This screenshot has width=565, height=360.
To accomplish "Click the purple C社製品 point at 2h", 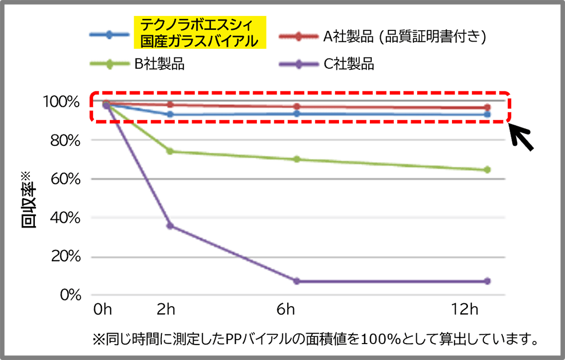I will click(170, 226).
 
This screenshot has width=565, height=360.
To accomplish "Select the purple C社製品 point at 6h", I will click(296, 281).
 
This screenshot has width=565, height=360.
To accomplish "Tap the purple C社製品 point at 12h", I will click(487, 281).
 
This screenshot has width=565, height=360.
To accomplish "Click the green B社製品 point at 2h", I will click(170, 151).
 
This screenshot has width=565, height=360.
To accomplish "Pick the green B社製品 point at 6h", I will click(296, 159).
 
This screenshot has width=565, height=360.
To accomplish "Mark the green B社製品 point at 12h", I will click(487, 169).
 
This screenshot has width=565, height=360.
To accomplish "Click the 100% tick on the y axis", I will click(64, 102).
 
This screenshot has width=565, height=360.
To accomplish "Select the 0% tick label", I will click(70, 296).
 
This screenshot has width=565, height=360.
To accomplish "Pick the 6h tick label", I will click(285, 310).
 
